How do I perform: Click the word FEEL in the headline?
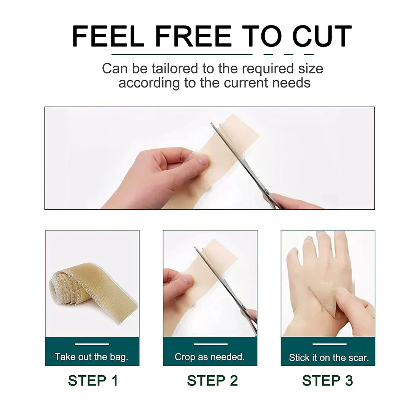(x=108, y=37)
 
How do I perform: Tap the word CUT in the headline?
(x=322, y=37)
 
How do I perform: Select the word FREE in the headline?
(x=194, y=37)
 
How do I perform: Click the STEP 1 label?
(x=93, y=381)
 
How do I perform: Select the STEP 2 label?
(x=212, y=381)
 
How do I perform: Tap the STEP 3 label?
(x=327, y=381)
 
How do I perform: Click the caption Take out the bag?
(x=91, y=357)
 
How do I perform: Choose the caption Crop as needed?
(x=210, y=357)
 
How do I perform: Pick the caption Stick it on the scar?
(x=329, y=358)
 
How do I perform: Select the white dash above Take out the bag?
(x=92, y=344)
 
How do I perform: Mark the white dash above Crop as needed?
(x=210, y=344)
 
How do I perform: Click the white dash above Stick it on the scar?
(x=329, y=344)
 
